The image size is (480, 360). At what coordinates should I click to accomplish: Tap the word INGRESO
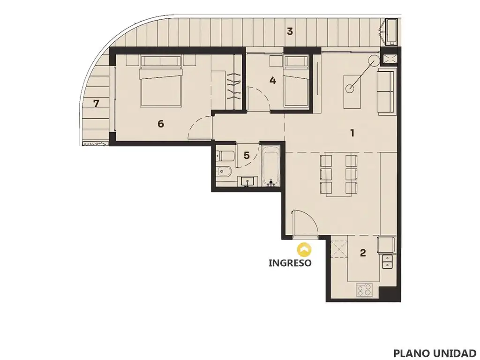pyautogui.click(x=290, y=262)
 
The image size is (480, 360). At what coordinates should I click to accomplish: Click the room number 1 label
pyautogui.click(x=352, y=133)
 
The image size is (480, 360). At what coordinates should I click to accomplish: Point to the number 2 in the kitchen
pyautogui.click(x=363, y=253)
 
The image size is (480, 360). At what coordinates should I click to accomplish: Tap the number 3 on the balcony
pyautogui.click(x=290, y=31)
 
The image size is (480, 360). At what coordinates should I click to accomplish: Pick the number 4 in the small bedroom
pyautogui.click(x=272, y=81)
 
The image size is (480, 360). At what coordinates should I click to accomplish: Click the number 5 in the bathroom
pyautogui.click(x=247, y=156)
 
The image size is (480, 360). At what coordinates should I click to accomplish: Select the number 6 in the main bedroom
pyautogui.click(x=161, y=124)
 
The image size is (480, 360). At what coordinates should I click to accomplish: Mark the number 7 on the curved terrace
pyautogui.click(x=96, y=104)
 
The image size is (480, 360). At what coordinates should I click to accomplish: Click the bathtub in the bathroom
pyautogui.click(x=270, y=165)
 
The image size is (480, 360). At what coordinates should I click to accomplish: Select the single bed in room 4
pyautogui.click(x=296, y=82)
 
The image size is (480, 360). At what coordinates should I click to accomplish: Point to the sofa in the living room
pyautogui.click(x=386, y=91)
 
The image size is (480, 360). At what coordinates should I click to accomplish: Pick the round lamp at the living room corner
pyautogui.click(x=374, y=60)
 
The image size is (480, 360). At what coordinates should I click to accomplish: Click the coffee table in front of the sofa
pyautogui.click(x=352, y=91)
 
